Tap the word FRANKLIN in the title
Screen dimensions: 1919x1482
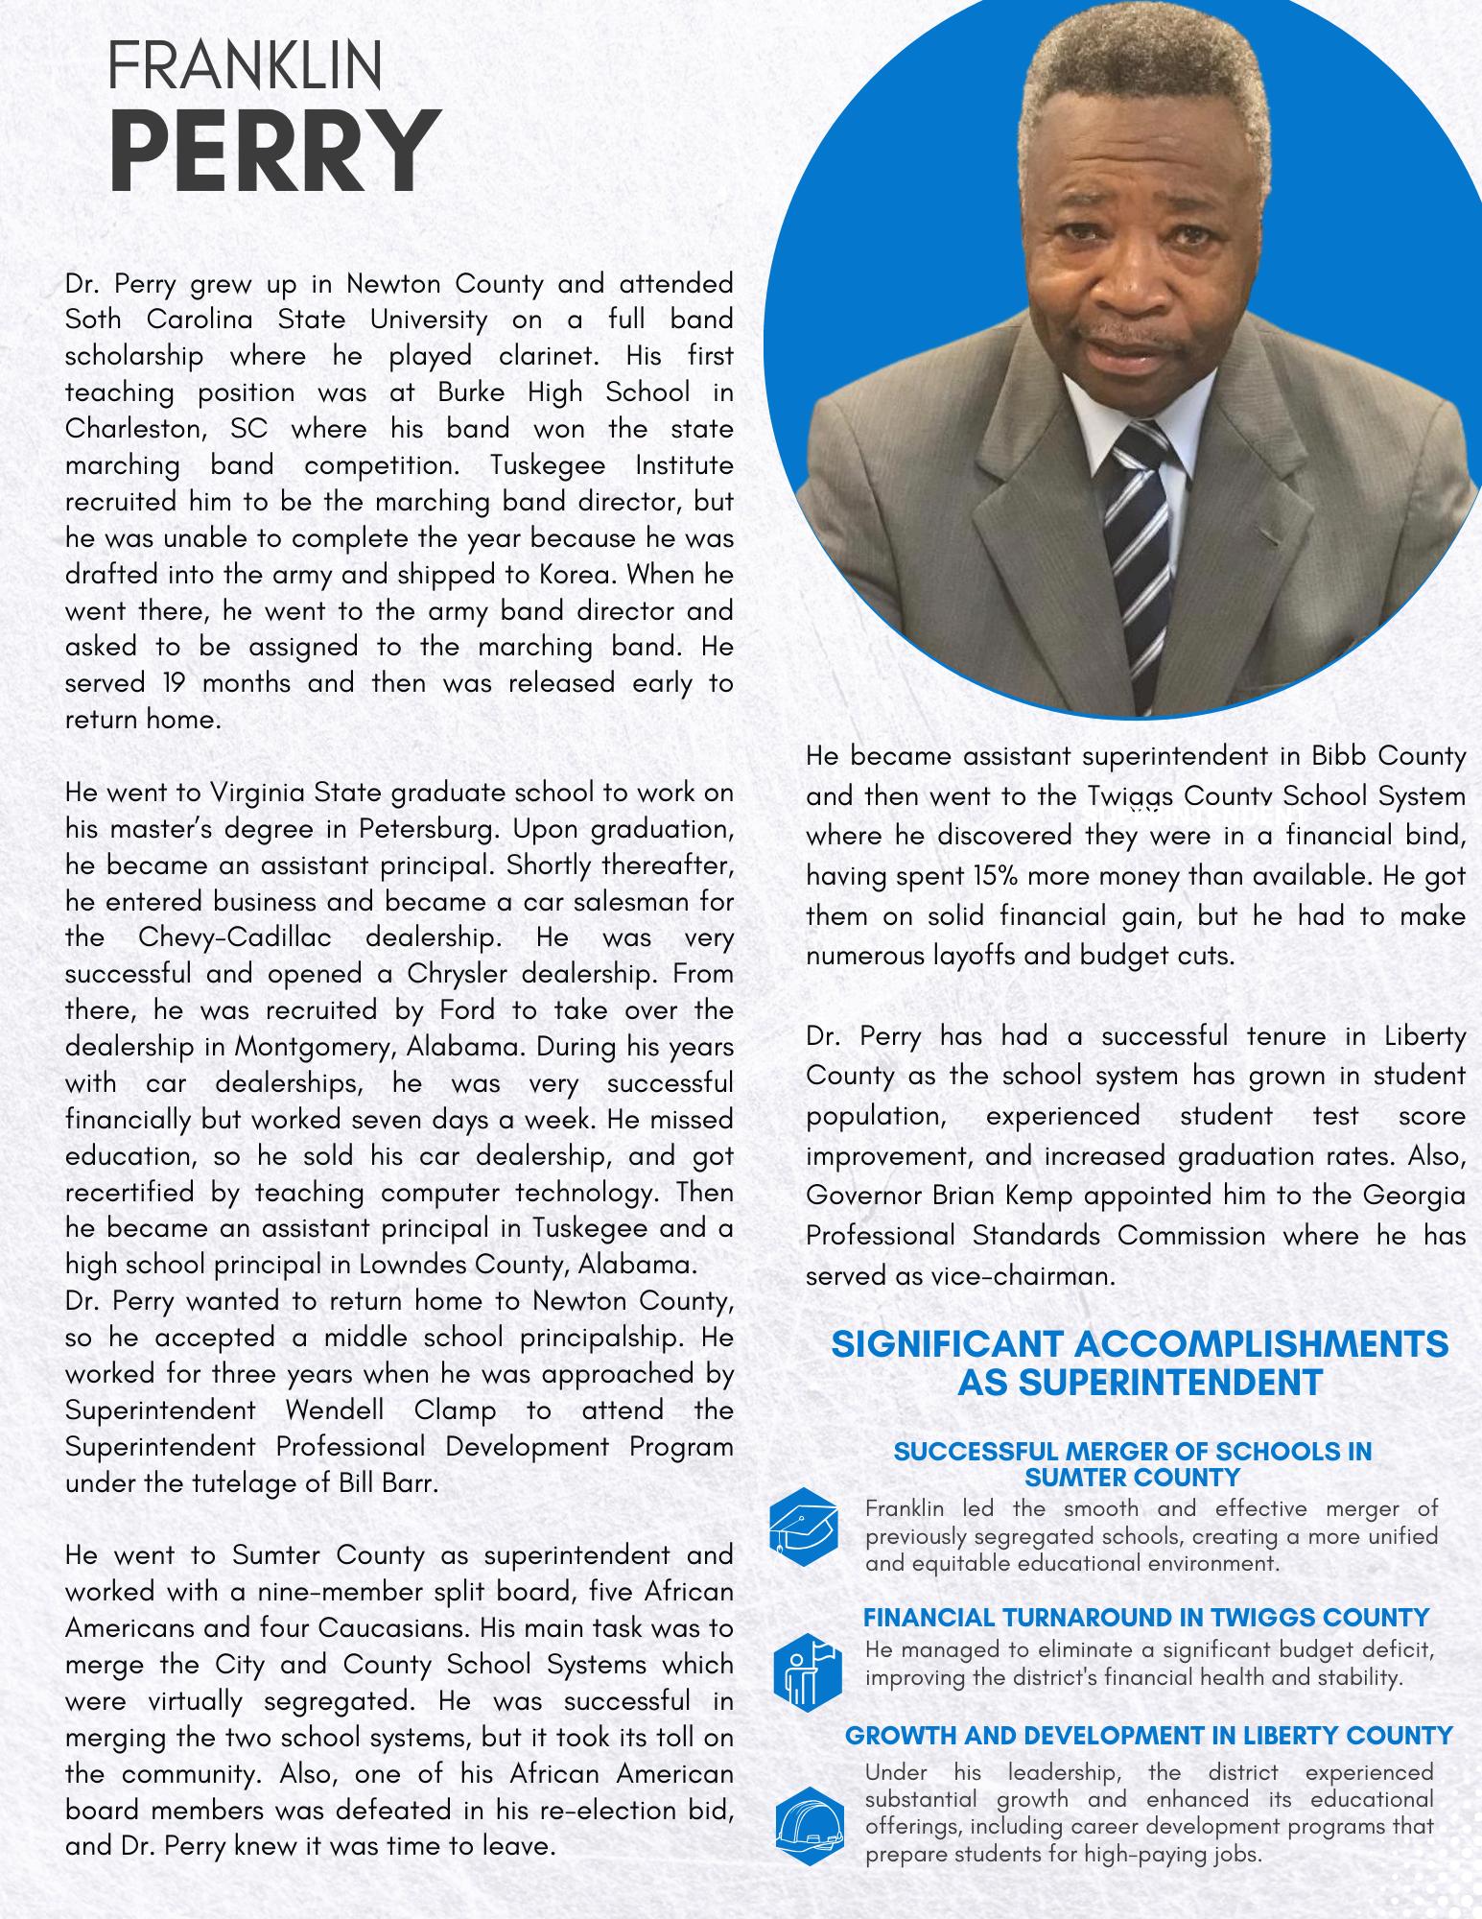(x=246, y=67)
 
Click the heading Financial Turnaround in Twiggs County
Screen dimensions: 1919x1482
(x=1146, y=1618)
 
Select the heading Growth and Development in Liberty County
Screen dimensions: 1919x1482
(x=1149, y=1736)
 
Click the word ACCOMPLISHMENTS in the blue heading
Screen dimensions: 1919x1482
(x=1261, y=1344)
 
